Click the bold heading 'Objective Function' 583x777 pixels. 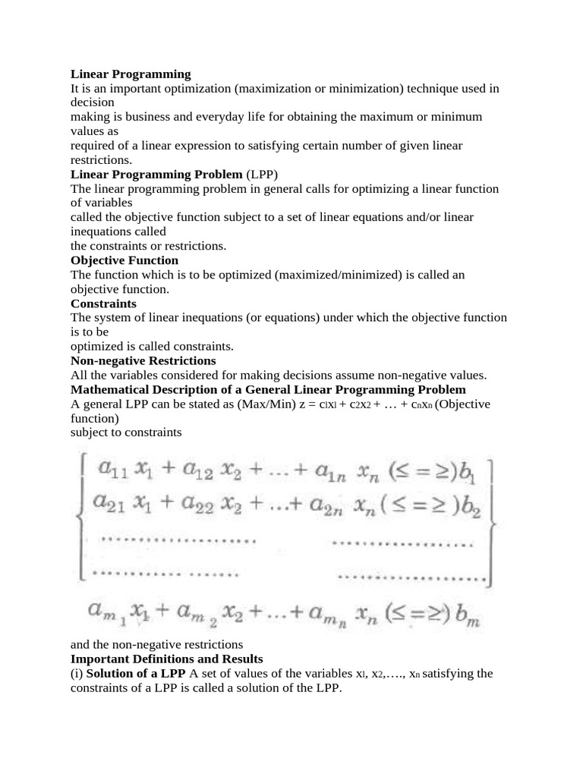tap(124, 260)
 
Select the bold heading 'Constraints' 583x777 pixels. tap(103, 304)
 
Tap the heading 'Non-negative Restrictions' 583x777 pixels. tap(143, 360)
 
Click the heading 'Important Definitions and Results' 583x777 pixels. tap(166, 659)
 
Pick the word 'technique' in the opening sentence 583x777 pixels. tap(433, 89)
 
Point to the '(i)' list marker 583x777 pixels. tap(77, 673)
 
